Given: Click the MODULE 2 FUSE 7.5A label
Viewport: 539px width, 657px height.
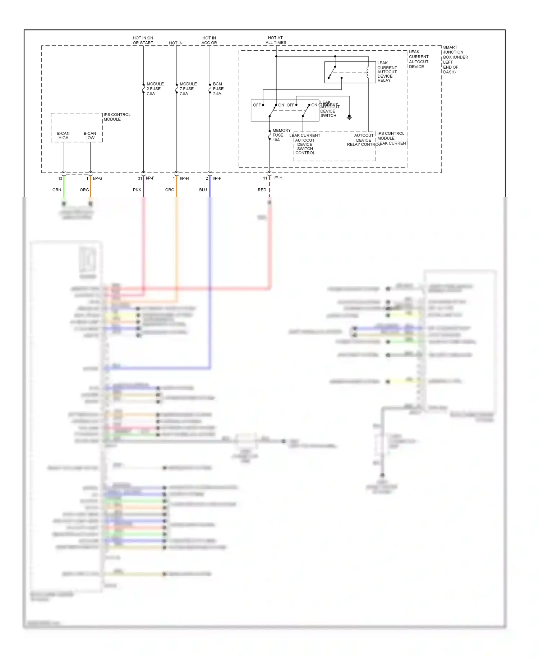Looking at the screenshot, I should [155, 89].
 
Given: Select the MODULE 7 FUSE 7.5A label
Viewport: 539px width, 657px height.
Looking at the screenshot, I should [188, 89].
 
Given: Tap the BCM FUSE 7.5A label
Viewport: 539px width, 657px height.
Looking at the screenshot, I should [218, 89].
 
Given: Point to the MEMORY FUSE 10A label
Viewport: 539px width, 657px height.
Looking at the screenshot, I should [281, 135].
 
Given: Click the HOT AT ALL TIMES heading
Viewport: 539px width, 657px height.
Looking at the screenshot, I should [276, 40].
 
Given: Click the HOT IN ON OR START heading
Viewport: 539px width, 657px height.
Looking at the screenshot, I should [143, 40].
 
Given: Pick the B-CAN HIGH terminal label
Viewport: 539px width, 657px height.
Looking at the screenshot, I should [63, 135].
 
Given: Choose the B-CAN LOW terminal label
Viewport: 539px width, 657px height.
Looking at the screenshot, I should [90, 135].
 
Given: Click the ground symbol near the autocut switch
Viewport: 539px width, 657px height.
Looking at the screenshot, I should [349, 117].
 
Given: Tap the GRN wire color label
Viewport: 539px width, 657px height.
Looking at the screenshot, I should [57, 190].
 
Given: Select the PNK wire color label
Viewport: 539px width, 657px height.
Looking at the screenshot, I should [137, 190].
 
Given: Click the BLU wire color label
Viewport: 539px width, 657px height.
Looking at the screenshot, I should [203, 190].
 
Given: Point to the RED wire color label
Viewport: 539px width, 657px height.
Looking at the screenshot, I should [262, 190].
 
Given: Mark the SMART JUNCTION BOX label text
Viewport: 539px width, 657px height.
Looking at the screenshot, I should [455, 60].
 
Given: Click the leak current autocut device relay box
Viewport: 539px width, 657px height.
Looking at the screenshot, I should [350, 72].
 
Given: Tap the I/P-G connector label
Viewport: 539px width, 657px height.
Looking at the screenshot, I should [97, 178].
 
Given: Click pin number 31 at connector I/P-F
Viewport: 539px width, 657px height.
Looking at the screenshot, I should [140, 178].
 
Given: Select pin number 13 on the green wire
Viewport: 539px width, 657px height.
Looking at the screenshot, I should [60, 179].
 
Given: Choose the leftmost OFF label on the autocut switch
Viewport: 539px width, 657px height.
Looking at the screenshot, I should [257, 105].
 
